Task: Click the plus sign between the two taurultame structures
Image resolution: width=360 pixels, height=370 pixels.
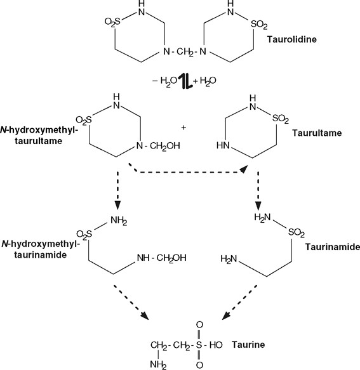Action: click(x=183, y=128)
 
